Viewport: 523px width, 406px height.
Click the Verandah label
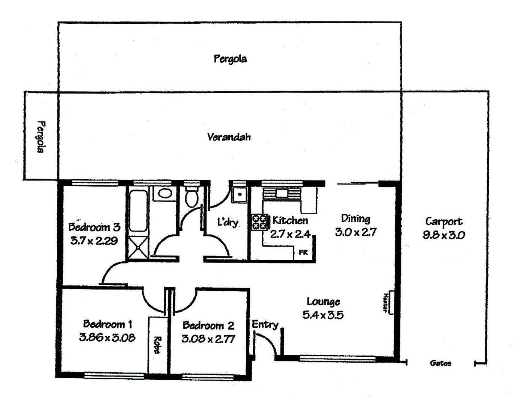coord(229,137)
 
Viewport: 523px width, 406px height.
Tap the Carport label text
coord(443,221)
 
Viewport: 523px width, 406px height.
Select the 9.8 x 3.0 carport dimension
coord(443,235)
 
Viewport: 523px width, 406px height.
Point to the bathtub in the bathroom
coord(138,211)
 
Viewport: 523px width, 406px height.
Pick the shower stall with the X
coord(138,247)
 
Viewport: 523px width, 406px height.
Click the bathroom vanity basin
coord(164,194)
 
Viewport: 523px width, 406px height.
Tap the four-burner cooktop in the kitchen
coord(259,222)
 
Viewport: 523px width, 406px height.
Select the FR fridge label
coord(303,253)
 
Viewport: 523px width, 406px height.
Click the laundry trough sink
coord(238,195)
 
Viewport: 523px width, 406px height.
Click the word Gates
coord(440,363)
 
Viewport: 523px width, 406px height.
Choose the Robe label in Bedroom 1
coord(157,345)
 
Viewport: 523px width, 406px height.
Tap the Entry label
coord(265,324)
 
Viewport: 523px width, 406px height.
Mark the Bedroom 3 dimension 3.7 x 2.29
coord(94,241)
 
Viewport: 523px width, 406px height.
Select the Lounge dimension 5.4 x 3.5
coord(323,315)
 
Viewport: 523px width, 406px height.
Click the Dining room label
coord(355,218)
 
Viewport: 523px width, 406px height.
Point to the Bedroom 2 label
coord(208,325)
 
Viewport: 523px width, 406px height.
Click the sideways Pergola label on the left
coord(41,136)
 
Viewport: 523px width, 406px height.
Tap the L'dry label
coord(228,222)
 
